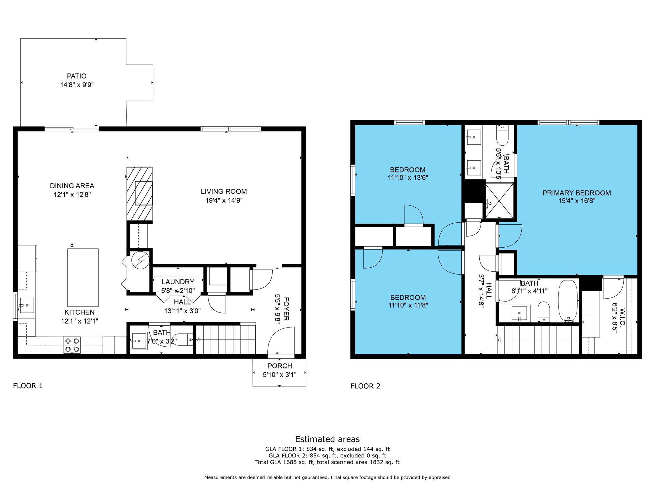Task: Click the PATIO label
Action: pyautogui.click(x=77, y=76)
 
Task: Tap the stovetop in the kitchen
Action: pyautogui.click(x=72, y=345)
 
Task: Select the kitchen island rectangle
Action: pyautogui.click(x=83, y=278)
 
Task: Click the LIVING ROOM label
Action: pyautogui.click(x=224, y=191)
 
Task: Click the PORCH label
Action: pyautogui.click(x=280, y=366)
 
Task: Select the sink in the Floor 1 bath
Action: pyautogui.click(x=138, y=341)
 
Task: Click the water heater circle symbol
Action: pyautogui.click(x=140, y=260)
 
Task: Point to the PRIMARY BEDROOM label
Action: pyautogui.click(x=577, y=193)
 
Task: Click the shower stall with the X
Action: pyautogui.click(x=499, y=200)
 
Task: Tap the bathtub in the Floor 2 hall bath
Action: pyautogui.click(x=568, y=301)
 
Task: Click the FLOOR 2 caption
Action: pyautogui.click(x=365, y=386)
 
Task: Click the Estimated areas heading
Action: pyautogui.click(x=327, y=439)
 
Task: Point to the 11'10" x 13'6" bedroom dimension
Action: pyautogui.click(x=408, y=178)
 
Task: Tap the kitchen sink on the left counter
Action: pyautogui.click(x=27, y=305)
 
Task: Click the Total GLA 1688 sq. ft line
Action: pyautogui.click(x=327, y=462)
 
